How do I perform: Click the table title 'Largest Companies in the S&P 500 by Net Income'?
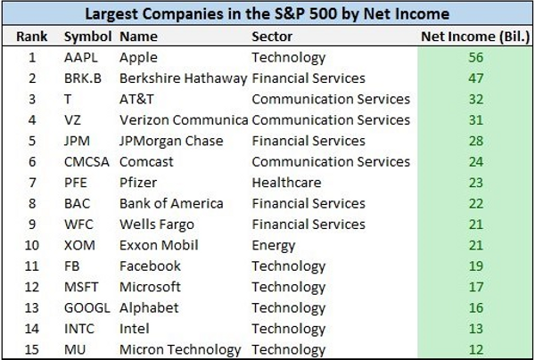pyautogui.click(x=267, y=14)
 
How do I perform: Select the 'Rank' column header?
pyautogui.click(x=32, y=37)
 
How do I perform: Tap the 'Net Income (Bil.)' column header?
pyautogui.click(x=475, y=37)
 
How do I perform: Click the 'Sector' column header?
pyautogui.click(x=272, y=37)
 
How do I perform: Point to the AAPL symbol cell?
pyautogui.click(x=81, y=57)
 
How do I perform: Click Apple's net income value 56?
pyautogui.click(x=475, y=57)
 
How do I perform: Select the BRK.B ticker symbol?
pyautogui.click(x=83, y=78)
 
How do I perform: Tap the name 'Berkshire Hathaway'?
pyautogui.click(x=183, y=78)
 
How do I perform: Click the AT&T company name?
pyautogui.click(x=136, y=99)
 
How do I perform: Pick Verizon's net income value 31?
pyautogui.click(x=475, y=120)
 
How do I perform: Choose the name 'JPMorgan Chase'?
pyautogui.click(x=171, y=141)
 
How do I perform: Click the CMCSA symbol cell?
pyautogui.click(x=86, y=162)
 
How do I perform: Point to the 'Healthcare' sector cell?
pyautogui.click(x=286, y=183)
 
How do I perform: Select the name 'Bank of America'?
pyautogui.click(x=171, y=203)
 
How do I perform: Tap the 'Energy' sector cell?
pyautogui.click(x=274, y=246)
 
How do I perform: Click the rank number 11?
pyautogui.click(x=32, y=266)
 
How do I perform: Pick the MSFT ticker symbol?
pyautogui.click(x=81, y=287)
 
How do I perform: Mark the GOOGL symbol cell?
pyautogui.click(x=87, y=308)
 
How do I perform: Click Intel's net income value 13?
pyautogui.click(x=475, y=329)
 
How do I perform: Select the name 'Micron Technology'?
pyautogui.click(x=180, y=350)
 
